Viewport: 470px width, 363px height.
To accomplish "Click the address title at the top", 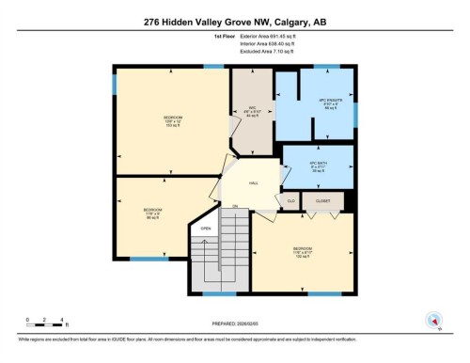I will [x=235, y=22].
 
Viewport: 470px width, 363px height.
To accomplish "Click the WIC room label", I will [x=252, y=109].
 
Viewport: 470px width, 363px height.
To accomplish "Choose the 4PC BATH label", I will [x=317, y=166].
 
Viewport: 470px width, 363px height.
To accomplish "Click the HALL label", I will [x=254, y=183].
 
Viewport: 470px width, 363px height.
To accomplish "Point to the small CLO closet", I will [x=291, y=200].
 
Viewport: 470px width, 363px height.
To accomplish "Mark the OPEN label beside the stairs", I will [x=204, y=229].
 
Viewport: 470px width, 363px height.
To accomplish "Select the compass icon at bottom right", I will [x=433, y=321].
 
